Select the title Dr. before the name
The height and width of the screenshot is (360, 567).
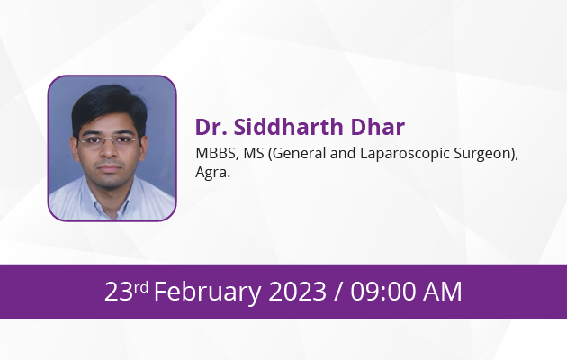coord(211,127)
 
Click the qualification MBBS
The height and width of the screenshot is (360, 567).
coord(217,153)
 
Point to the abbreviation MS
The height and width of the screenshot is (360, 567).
coord(254,153)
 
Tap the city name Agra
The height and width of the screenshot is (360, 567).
coord(212,173)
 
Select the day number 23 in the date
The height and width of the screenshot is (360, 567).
coord(119,292)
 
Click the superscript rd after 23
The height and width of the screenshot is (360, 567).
coord(141,287)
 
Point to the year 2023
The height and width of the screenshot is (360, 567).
coord(297,292)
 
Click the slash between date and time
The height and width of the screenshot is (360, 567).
coord(338,292)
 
